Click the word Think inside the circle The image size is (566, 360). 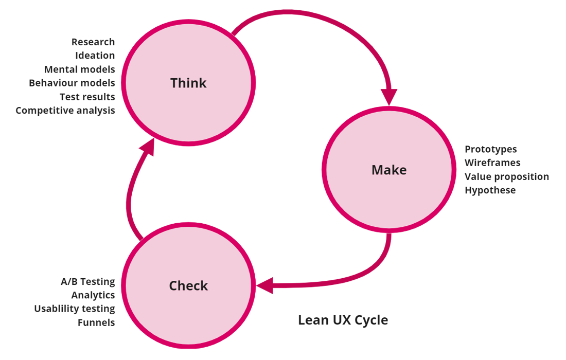tap(188, 83)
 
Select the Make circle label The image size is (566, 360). tap(389, 170)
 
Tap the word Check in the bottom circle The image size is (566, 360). tap(188, 286)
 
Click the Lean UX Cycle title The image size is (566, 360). tap(343, 320)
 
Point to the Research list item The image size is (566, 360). tap(93, 42)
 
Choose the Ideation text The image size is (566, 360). tap(95, 56)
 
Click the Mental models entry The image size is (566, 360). tap(80, 69)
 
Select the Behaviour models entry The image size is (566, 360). tap(72, 83)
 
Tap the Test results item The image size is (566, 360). tap(87, 97)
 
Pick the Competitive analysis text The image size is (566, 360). tap(65, 111)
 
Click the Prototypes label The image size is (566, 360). tap(491, 149)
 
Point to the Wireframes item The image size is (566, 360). tap(492, 163)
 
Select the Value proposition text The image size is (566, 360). tap(507, 176)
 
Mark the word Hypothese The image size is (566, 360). tap(490, 190)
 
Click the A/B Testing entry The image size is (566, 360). tap(88, 281)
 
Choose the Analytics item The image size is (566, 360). tap(93, 295)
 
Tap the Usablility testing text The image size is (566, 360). tap(75, 309)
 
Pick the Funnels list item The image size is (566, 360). tap(96, 322)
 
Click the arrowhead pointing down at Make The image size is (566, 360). tap(389, 97)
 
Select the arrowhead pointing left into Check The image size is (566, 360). tap(265, 285)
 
